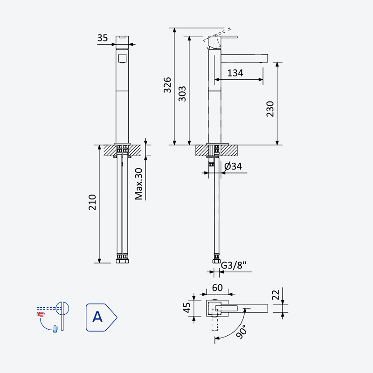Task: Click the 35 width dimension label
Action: (x=103, y=38)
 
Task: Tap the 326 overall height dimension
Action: (x=168, y=85)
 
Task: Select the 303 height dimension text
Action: (x=182, y=94)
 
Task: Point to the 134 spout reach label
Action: (x=235, y=73)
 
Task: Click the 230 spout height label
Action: (x=270, y=109)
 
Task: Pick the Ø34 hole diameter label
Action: (x=233, y=166)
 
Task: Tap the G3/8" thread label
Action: (x=234, y=265)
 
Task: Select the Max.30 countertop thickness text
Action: (x=138, y=184)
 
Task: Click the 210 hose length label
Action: (x=92, y=202)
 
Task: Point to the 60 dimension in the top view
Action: (x=217, y=288)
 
